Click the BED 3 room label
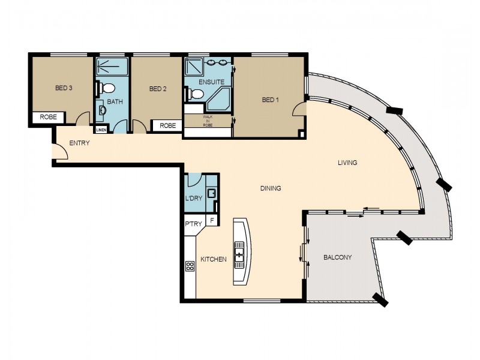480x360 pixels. [x=64, y=88]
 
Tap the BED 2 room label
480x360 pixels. [x=157, y=89]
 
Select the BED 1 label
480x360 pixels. [x=270, y=100]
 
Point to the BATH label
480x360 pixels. [x=115, y=101]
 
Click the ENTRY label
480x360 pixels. [x=80, y=143]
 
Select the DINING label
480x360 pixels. [x=271, y=188]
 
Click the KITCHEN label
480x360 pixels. [x=213, y=259]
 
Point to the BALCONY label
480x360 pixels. [x=337, y=257]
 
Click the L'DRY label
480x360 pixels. [x=193, y=199]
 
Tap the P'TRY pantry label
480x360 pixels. [x=193, y=224]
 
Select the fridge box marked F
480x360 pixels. [x=211, y=221]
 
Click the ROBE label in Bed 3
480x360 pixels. [x=49, y=118]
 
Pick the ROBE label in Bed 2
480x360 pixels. [x=168, y=125]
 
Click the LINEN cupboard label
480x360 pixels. [x=100, y=130]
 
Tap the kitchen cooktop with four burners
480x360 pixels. [x=190, y=266]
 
